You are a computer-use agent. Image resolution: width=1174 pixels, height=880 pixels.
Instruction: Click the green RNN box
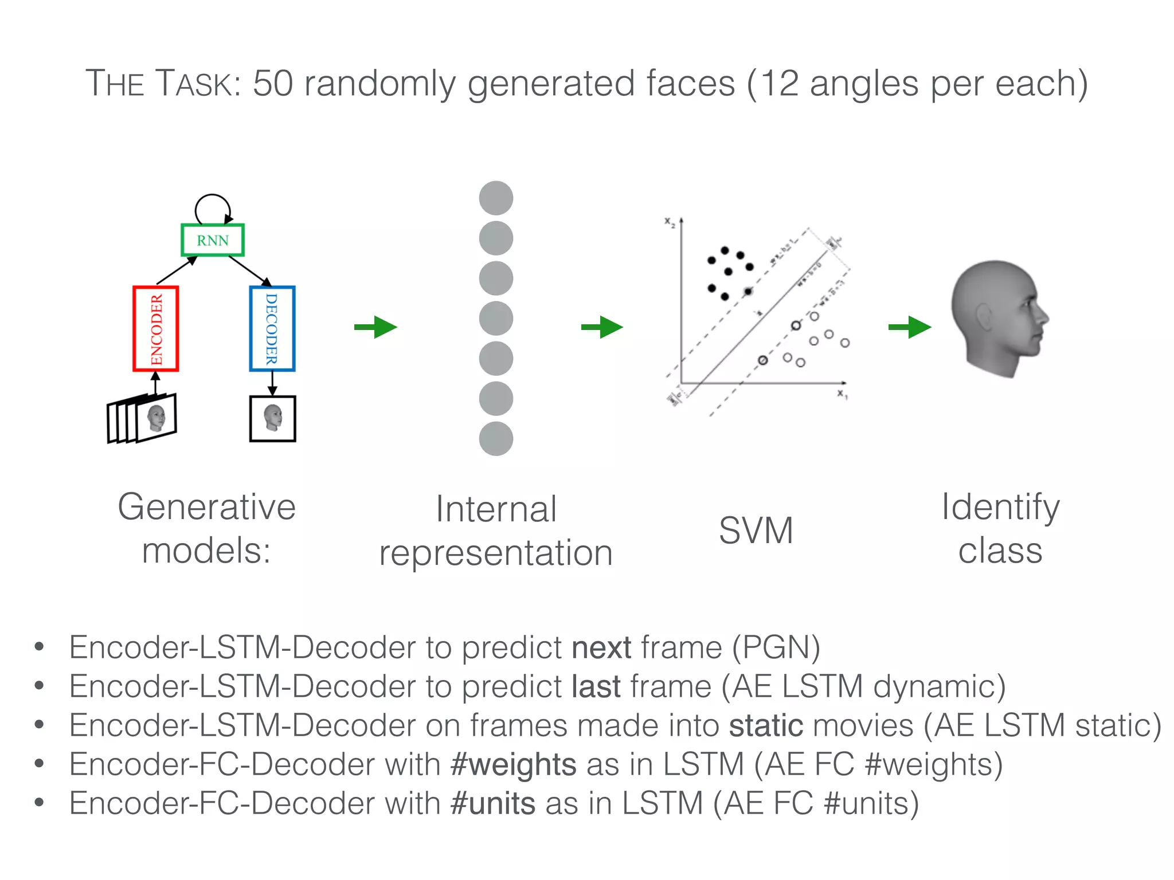pyautogui.click(x=213, y=240)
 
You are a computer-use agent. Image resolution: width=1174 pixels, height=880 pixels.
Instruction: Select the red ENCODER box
pyautogui.click(x=156, y=329)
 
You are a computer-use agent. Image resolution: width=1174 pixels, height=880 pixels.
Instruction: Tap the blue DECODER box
pyautogui.click(x=272, y=329)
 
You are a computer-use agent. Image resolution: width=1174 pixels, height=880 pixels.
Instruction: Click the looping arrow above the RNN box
pyautogui.click(x=213, y=207)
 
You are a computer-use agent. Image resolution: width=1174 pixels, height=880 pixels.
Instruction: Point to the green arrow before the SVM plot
pyautogui.click(x=602, y=327)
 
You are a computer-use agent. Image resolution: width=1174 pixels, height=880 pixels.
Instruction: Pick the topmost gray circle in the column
pyautogui.click(x=496, y=198)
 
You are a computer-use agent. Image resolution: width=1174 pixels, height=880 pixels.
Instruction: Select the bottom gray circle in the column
pyautogui.click(x=496, y=439)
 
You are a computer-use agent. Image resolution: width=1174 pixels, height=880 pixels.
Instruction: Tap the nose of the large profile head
pyautogui.click(x=1044, y=316)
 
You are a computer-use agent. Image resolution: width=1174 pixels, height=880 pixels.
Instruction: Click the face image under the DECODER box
pyautogui.click(x=273, y=418)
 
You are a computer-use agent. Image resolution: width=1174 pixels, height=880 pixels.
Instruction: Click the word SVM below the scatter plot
pyautogui.click(x=756, y=530)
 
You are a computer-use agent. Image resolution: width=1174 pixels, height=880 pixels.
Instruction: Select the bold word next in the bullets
pyautogui.click(x=601, y=647)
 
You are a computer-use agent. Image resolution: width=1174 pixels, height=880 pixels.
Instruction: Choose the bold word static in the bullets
pyautogui.click(x=766, y=725)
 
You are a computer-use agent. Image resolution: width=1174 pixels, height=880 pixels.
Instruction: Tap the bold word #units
pyautogui.click(x=493, y=803)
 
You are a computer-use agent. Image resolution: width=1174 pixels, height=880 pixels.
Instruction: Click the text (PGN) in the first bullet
pyautogui.click(x=776, y=647)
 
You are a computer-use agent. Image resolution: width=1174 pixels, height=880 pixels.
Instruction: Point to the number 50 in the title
pyautogui.click(x=273, y=84)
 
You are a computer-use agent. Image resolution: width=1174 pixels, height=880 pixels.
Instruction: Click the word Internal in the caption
pyautogui.click(x=496, y=509)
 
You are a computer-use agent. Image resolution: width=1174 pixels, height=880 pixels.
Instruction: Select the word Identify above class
pyautogui.click(x=1000, y=508)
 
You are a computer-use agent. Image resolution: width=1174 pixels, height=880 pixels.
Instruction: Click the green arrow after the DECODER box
pyautogui.click(x=375, y=327)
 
